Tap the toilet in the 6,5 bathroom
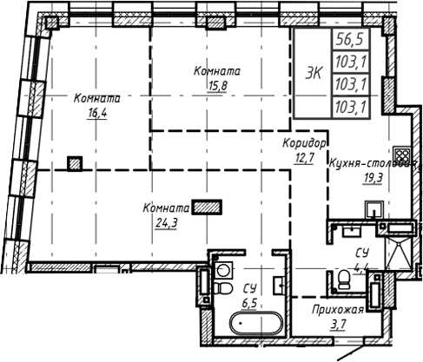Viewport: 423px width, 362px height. click(x=224, y=287)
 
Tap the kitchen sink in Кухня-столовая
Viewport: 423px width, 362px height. click(x=374, y=210)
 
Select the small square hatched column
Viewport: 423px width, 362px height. click(x=76, y=161)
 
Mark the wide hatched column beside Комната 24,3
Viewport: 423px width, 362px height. click(x=207, y=207)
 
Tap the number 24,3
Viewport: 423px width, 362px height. click(x=162, y=222)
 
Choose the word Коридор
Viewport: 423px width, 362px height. click(x=304, y=143)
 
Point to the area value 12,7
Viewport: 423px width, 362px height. click(x=304, y=157)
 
